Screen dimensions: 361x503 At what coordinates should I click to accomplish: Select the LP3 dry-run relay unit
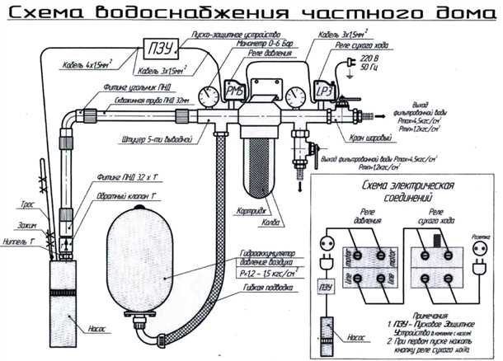325,91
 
